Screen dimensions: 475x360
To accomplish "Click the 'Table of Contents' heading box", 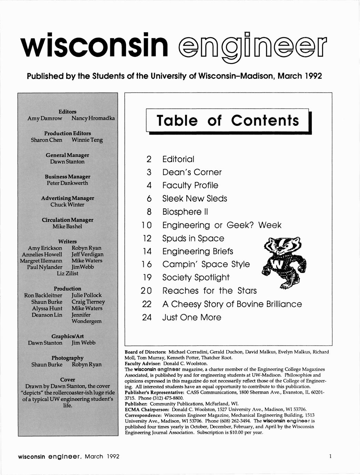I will pyautogui.click(x=228, y=120).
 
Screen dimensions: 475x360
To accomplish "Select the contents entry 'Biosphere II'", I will pyautogui.click(x=185, y=212).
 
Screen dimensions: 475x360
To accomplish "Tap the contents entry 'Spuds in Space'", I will pyautogui.click(x=193, y=238).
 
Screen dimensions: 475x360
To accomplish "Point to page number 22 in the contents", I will pyautogui.click(x=147, y=304).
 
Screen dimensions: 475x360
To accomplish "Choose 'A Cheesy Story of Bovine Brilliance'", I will pyautogui.click(x=232, y=304).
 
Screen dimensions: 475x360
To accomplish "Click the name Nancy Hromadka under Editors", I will pyautogui.click(x=93, y=118).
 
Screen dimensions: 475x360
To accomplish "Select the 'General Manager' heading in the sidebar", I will pyautogui.click(x=68, y=155).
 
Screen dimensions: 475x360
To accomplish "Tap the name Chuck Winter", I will pyautogui.click(x=68, y=204).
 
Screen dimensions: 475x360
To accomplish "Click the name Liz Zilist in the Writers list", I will pyautogui.click(x=68, y=273).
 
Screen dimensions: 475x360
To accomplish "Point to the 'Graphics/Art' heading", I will pyautogui.click(x=68, y=336).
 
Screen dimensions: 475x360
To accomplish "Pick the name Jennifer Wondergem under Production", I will pyautogui.click(x=86, y=318).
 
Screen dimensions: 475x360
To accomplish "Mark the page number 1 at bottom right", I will pyautogui.click(x=330, y=456).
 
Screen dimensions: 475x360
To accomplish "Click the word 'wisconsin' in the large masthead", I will pyautogui.click(x=94, y=46).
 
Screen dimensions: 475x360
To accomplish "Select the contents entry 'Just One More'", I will pyautogui.click(x=192, y=317).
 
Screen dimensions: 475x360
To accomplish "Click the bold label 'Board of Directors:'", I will pyautogui.click(x=145, y=352).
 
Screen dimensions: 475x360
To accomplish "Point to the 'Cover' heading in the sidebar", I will pyautogui.click(x=68, y=379).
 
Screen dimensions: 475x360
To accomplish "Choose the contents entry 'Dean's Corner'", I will pyautogui.click(x=192, y=172).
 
